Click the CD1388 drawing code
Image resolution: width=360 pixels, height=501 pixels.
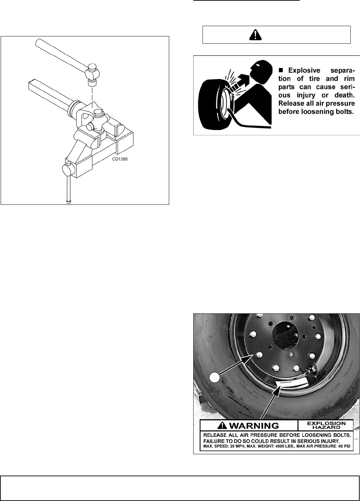[x=120, y=159]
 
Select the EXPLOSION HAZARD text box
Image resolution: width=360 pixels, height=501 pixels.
[x=325, y=425]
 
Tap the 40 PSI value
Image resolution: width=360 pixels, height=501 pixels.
[x=345, y=447]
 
